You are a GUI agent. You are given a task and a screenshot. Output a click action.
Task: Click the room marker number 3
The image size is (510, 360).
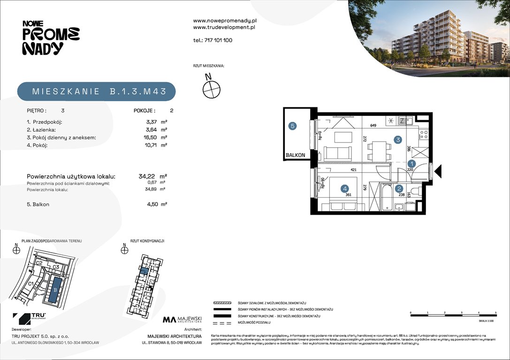(397, 140)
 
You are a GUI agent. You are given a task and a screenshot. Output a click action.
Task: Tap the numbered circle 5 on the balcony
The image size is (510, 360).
(292, 126)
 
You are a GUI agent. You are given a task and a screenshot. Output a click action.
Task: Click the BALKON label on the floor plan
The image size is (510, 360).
(296, 155)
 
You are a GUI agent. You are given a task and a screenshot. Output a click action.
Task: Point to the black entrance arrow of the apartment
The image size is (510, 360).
(438, 172)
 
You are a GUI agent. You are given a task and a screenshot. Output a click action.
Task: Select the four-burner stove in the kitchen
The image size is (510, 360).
(423, 135)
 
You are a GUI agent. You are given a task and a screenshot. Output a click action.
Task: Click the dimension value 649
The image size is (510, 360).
(373, 126)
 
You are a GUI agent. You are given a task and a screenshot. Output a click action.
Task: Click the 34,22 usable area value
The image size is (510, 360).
(147, 177)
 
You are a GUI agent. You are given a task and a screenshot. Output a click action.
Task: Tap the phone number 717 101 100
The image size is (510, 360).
(218, 40)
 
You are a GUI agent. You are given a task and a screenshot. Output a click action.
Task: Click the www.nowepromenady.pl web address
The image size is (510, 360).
(225, 21)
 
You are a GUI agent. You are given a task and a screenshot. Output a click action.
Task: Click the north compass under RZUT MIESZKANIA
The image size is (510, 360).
(211, 88)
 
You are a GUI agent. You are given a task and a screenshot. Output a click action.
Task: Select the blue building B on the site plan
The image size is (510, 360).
(55, 290)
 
